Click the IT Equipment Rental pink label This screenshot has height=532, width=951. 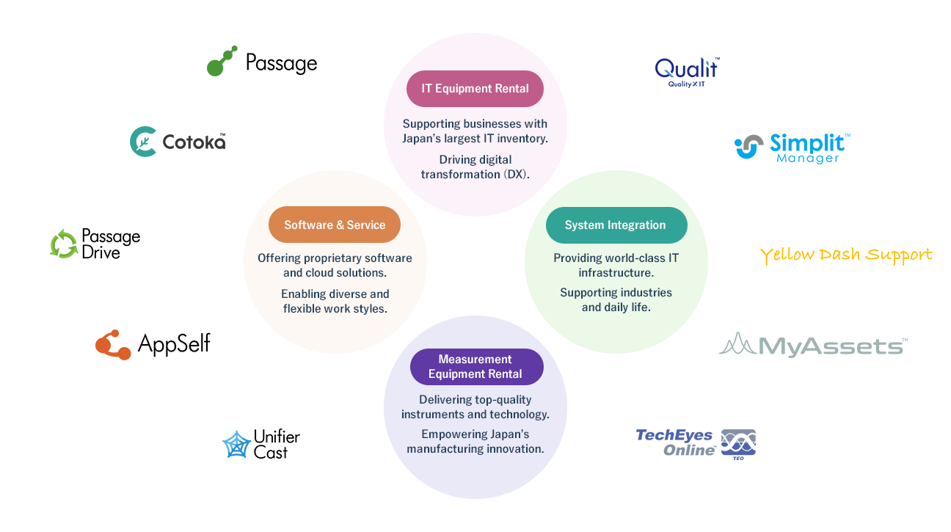475,89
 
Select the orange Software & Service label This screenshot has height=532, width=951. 335,225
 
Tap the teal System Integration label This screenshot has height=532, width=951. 616,225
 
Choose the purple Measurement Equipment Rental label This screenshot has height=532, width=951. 475,367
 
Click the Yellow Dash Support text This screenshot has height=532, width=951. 846,255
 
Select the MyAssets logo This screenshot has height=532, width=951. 815,346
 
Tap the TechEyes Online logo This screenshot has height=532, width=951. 695,444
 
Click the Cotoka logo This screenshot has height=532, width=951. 178,142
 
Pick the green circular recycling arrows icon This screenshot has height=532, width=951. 64,244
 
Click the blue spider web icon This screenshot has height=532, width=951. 236,445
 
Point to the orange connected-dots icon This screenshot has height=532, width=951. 113,346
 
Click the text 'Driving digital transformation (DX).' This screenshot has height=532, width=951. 475,167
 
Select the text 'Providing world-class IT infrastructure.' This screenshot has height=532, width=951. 616,266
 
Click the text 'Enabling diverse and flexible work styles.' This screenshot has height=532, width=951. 335,302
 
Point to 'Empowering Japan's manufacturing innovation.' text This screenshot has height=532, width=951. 475,442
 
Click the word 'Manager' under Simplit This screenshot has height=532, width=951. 807,158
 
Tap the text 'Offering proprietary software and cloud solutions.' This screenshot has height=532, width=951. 335,266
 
